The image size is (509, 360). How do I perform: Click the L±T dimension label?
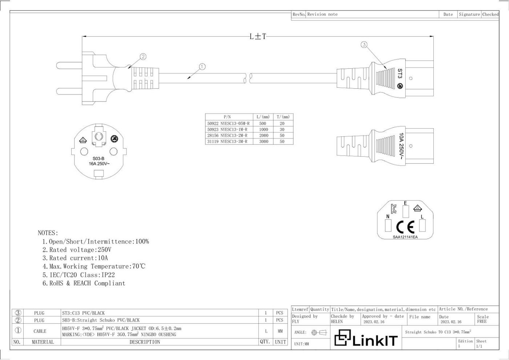258,36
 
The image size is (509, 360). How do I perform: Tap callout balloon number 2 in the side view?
143,57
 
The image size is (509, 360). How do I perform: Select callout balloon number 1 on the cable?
202,67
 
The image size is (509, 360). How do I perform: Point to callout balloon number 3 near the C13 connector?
364,44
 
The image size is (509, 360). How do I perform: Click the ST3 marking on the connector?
400,73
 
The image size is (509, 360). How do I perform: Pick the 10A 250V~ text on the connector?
401,146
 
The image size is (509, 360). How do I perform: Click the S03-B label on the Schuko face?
99,159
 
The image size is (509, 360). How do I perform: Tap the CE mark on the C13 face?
405,227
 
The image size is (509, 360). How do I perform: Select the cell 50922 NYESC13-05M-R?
228,123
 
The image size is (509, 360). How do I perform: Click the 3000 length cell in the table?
264,141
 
